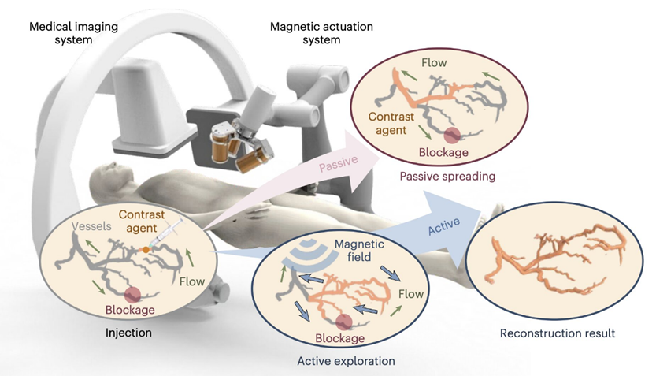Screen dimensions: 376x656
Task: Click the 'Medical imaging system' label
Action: (73, 33)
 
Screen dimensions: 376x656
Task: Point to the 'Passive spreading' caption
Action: (447, 177)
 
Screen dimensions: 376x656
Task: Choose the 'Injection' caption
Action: (129, 333)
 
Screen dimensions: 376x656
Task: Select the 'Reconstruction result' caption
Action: (558, 333)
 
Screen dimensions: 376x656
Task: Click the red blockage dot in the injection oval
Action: (132, 294)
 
